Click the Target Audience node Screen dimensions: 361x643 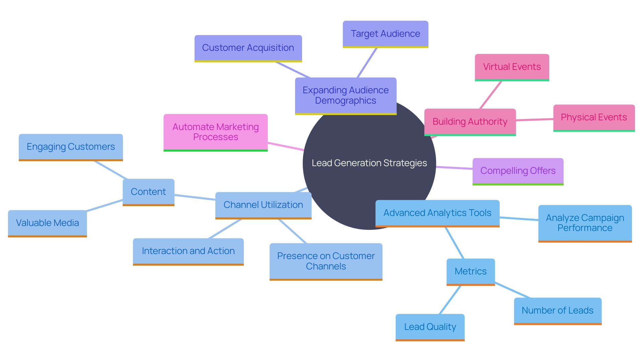[385, 34]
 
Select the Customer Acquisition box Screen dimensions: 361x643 [248, 48]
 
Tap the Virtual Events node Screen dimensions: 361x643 [512, 67]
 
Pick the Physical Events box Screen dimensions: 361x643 [594, 117]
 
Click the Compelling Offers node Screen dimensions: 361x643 [518, 171]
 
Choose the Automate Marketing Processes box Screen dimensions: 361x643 [215, 132]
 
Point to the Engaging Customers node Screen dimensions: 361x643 [71, 147]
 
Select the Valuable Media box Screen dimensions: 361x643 [47, 223]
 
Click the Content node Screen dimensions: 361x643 [148, 192]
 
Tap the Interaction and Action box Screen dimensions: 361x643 [188, 251]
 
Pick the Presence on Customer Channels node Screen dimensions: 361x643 [326, 261]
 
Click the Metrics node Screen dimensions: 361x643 [471, 271]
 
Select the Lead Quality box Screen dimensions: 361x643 [430, 327]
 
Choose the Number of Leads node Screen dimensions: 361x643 [558, 311]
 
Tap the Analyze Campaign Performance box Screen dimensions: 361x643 [585, 223]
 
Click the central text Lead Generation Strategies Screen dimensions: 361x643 [369, 163]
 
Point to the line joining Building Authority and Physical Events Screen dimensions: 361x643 [534, 120]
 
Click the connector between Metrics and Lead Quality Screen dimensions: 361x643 [450, 300]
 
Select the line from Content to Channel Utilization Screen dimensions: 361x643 [195, 197]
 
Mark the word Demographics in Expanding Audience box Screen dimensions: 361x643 [345, 101]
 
